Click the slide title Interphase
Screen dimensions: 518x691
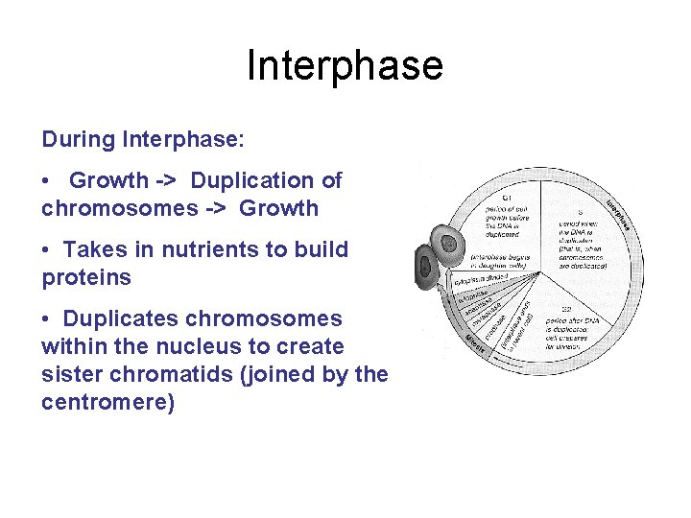[345, 66]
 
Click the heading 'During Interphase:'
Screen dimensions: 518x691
[143, 139]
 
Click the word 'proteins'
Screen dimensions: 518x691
[86, 277]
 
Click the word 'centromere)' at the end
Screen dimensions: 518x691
[108, 402]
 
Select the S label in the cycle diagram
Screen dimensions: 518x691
[580, 211]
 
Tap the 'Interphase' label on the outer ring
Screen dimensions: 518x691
[623, 212]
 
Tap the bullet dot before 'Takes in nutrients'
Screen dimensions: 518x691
[47, 249]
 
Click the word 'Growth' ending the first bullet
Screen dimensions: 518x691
[278, 208]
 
